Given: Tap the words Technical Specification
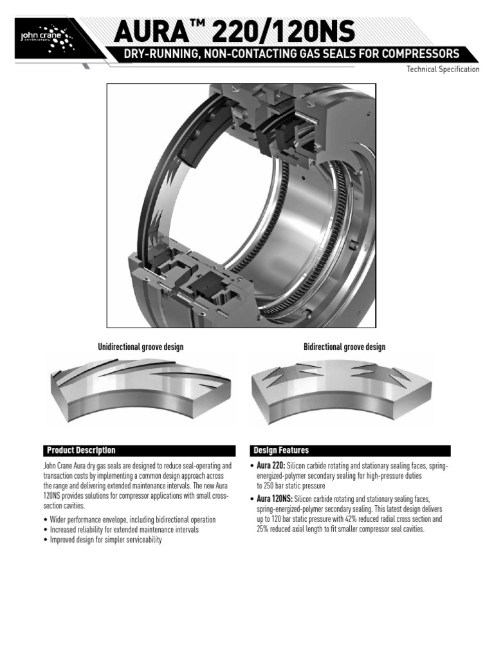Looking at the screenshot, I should coord(443,70).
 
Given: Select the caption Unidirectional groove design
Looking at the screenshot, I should coord(140,348).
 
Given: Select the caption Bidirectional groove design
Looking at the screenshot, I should coord(344,348).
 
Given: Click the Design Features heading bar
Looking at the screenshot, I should coord(350,450).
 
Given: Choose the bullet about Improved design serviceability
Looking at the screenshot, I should coord(105,540).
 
